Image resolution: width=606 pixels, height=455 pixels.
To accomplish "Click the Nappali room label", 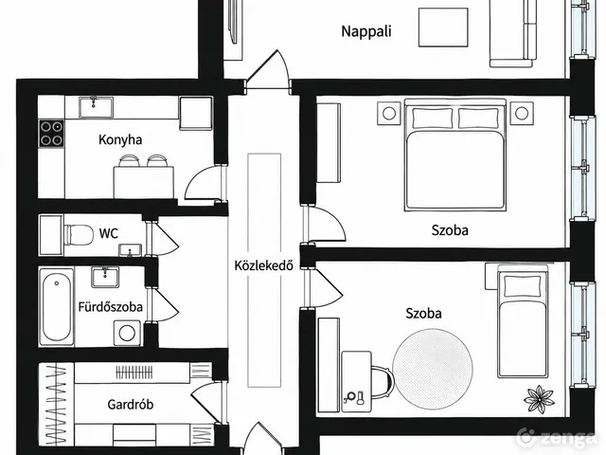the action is coord(366,31).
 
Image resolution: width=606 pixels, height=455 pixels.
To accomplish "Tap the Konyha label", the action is coord(120,139).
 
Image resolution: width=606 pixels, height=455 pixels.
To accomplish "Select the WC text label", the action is coord(109,233).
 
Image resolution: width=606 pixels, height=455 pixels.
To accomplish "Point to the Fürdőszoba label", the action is coord(111,307).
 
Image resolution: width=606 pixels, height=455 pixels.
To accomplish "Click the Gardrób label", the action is coord(131,405).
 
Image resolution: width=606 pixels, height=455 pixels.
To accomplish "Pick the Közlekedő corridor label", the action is coord(263,265).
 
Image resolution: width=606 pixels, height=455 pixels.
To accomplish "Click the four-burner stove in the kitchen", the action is coord(51,133).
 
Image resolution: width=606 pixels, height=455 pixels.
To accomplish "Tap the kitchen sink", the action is coord(96,107).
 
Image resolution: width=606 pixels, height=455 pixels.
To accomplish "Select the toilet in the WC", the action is coord(79,234).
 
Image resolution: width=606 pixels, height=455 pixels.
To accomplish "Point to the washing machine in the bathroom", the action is coord(127,333).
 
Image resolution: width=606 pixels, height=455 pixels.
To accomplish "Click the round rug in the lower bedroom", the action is coord(433,368).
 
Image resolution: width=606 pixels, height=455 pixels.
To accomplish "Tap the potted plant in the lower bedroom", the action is coord(539,399).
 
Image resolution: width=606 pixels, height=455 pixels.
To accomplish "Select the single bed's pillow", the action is coord(523,286).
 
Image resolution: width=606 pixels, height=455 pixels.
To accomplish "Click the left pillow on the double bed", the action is coord(433,118).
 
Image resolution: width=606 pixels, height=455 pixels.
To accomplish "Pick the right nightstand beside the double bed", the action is coord(522,113).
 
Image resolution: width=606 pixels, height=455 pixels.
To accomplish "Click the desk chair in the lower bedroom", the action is coord(381,382).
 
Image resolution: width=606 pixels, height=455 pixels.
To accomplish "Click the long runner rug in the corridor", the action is coord(264,270).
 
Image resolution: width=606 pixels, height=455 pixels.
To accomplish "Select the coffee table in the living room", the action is coord(443,27).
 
